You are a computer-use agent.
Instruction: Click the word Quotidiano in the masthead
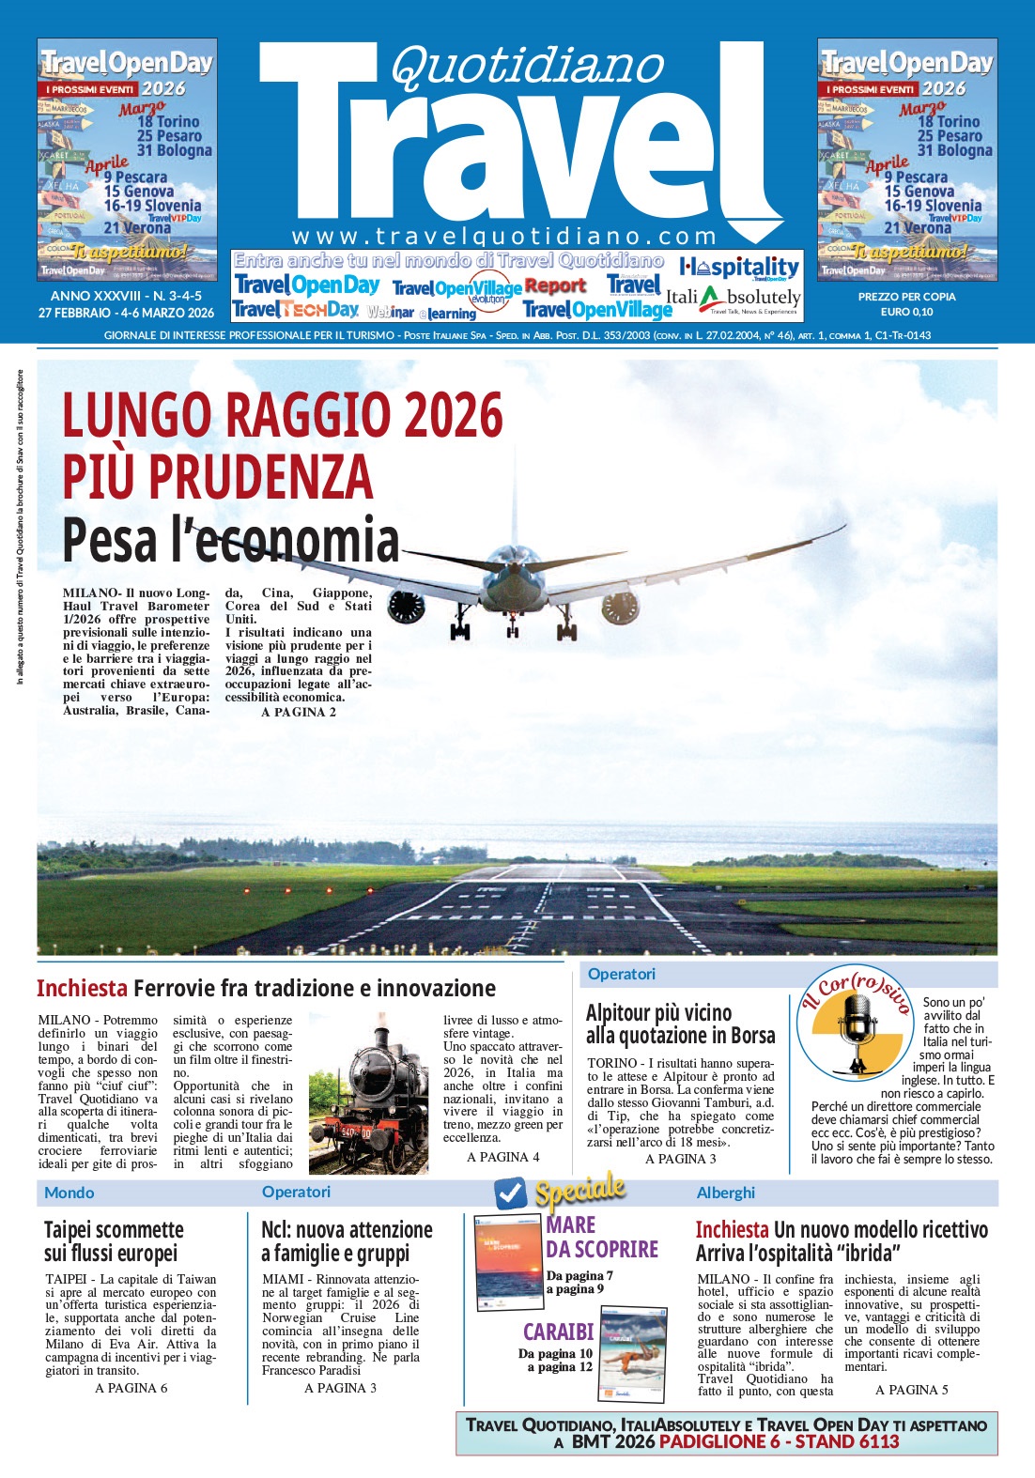tap(527, 66)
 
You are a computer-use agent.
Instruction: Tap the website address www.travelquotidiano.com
tap(504, 236)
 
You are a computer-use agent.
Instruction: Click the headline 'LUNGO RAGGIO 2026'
tap(283, 414)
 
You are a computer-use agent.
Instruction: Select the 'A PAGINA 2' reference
tap(299, 712)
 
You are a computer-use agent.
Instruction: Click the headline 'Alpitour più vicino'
tap(658, 1013)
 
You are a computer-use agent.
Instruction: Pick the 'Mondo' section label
tap(70, 1193)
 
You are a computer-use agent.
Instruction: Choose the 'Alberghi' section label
tap(726, 1193)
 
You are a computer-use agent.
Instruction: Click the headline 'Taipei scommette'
tap(114, 1230)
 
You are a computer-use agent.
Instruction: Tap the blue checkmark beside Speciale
tap(511, 1193)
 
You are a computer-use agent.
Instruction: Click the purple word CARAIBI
tap(559, 1332)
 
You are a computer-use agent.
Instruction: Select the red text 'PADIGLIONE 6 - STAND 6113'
tap(779, 1441)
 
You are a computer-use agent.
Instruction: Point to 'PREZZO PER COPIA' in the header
tap(906, 297)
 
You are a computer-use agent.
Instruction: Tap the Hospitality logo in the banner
tap(738, 268)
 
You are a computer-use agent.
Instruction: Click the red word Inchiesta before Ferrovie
tap(82, 988)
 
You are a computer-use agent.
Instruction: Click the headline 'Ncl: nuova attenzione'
tap(347, 1230)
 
